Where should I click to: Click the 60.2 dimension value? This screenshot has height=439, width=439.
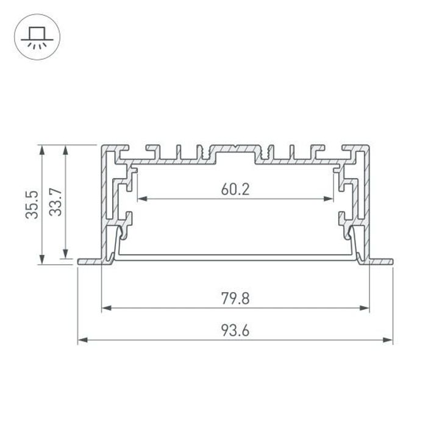click(x=235, y=189)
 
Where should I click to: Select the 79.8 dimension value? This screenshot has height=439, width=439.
click(x=235, y=299)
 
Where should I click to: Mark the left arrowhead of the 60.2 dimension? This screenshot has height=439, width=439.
click(x=141, y=199)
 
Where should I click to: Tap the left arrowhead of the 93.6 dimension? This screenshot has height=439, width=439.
click(x=82, y=340)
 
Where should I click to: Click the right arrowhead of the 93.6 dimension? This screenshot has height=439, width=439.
click(x=389, y=340)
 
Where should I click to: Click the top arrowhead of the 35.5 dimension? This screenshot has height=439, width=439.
click(x=41, y=148)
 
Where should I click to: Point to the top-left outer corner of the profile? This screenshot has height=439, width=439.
click(x=102, y=146)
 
